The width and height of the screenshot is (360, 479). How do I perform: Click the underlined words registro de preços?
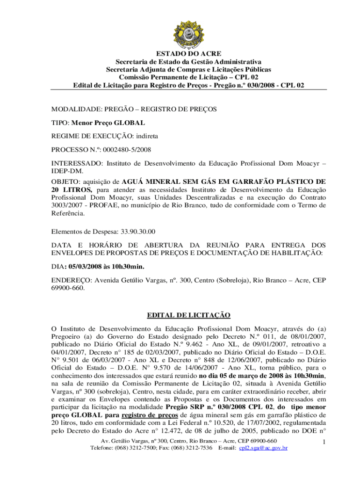(x=144, y=414)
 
